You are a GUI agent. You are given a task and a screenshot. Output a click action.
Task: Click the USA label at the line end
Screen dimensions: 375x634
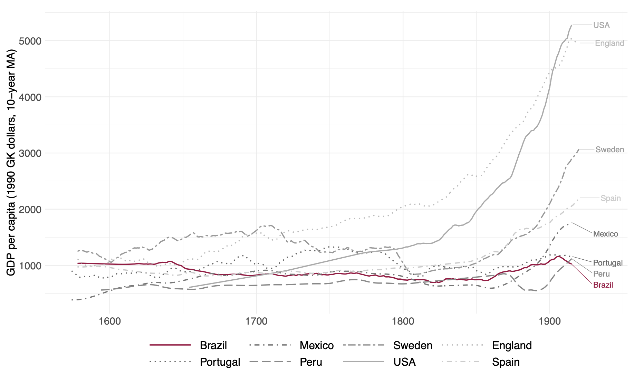(x=601, y=25)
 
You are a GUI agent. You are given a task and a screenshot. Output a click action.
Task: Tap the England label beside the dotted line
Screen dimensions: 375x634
(x=609, y=43)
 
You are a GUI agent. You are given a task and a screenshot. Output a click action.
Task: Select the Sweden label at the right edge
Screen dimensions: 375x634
(x=609, y=150)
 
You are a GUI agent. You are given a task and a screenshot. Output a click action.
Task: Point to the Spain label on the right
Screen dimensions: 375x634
(x=611, y=198)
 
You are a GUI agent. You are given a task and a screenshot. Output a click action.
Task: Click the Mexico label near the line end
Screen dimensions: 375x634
(x=605, y=234)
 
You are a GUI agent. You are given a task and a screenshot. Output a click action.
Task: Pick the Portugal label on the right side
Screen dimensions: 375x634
(x=608, y=263)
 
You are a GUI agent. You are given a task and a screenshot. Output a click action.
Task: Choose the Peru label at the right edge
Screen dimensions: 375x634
(x=601, y=274)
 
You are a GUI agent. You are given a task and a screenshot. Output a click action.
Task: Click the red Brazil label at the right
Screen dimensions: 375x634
(x=603, y=285)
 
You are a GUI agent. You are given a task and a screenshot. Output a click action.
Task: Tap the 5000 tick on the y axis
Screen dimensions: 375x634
(x=29, y=41)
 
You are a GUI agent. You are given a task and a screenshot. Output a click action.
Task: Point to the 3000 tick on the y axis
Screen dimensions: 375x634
(x=29, y=153)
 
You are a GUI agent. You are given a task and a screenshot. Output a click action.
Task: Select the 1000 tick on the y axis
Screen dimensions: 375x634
(x=29, y=266)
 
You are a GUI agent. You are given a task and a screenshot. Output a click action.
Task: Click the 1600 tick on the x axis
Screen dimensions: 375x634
(x=110, y=321)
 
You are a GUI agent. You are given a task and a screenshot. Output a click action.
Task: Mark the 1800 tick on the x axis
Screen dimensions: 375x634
(x=403, y=321)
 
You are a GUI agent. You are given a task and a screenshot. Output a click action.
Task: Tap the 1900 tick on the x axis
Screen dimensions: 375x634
(x=549, y=321)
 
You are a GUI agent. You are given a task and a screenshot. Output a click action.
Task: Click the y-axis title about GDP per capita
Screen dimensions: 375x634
(x=11, y=162)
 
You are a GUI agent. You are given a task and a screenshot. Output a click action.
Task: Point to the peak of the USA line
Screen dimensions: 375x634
(x=571, y=25)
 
